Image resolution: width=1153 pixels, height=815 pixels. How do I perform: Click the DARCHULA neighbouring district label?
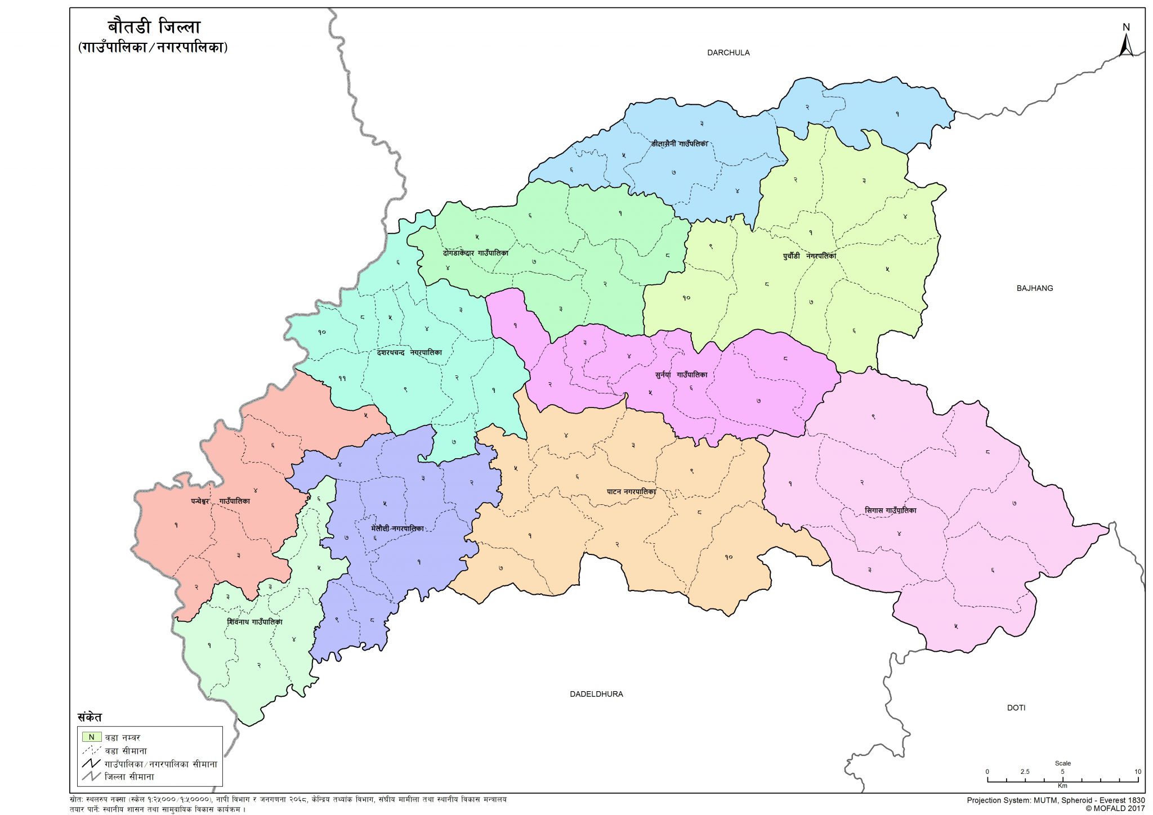[x=728, y=53]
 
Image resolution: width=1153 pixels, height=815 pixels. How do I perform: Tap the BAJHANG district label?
[x=1034, y=288]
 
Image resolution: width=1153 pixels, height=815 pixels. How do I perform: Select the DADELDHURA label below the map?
[x=596, y=694]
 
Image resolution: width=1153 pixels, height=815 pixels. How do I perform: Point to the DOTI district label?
[x=1016, y=707]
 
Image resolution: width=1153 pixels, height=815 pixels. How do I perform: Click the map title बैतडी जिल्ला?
[x=154, y=27]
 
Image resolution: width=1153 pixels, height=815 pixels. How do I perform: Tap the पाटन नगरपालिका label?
[x=631, y=491]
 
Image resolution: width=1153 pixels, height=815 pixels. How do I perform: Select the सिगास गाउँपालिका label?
[x=890, y=511]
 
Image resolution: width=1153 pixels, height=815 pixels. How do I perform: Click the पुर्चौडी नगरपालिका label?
[x=809, y=256]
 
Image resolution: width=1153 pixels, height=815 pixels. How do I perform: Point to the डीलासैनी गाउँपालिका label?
[x=679, y=144]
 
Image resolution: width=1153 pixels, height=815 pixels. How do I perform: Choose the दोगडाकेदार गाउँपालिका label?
[x=475, y=253]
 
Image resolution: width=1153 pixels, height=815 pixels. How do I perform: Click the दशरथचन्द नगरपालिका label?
[x=409, y=353]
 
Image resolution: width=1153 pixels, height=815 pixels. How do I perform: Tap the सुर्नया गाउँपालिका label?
[x=681, y=374]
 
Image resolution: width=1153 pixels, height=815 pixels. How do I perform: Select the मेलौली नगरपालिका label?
[x=397, y=529]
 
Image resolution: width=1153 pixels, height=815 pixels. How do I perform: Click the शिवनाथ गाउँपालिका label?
[x=254, y=622]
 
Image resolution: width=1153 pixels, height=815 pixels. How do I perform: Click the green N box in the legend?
[x=91, y=737]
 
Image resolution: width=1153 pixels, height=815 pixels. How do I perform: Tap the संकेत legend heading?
[x=90, y=718]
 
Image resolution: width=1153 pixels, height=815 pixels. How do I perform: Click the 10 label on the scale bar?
[x=1137, y=772]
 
